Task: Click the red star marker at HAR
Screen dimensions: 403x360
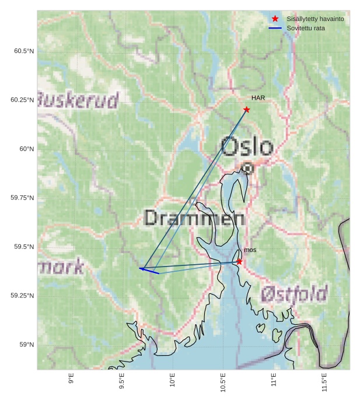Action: pos(246,110)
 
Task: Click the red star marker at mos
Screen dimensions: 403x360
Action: pos(239,262)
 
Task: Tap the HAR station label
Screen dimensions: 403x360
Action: pos(258,98)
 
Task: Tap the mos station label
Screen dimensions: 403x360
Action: pos(250,250)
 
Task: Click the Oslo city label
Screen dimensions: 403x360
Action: pos(247,146)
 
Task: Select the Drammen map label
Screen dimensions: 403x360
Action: pos(194,218)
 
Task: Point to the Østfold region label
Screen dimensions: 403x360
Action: pos(294,294)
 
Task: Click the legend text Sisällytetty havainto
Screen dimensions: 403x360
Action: pos(315,19)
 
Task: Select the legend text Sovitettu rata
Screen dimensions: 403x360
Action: pos(306,28)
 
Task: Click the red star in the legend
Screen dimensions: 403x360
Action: pos(275,19)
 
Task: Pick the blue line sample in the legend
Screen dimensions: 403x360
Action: pos(275,28)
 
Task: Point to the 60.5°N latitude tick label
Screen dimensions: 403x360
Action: pos(24,51)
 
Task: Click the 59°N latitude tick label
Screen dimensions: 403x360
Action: pos(26,344)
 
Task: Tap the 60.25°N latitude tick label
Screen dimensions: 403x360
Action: pos(22,100)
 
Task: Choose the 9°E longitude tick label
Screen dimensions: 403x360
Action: pos(71,379)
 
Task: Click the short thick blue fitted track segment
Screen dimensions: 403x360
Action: pos(149,271)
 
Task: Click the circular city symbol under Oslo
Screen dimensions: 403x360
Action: pos(248,169)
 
